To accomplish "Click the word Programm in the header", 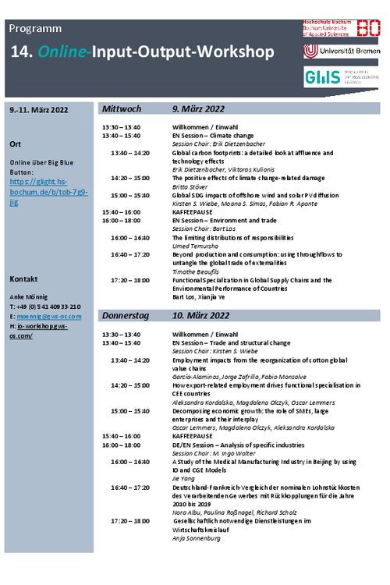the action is [36, 29].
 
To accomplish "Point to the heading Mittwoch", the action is [122, 109].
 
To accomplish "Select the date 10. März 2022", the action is [200, 316].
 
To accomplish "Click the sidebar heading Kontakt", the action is [24, 278].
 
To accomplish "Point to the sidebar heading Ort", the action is [16, 144].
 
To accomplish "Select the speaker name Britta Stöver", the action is [190, 187].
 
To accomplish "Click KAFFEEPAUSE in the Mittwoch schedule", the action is [197, 211].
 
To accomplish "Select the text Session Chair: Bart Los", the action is [204, 229].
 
